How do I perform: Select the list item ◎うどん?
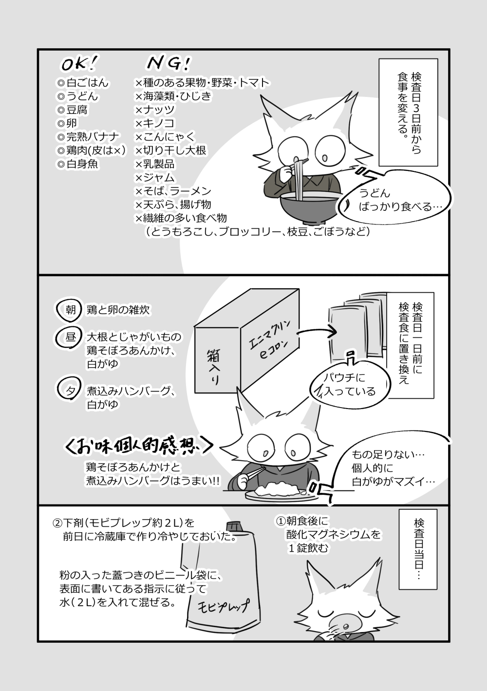77,96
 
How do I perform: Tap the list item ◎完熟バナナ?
88,137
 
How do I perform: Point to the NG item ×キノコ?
155,123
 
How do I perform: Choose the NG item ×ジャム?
155,177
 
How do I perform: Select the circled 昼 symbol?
70,337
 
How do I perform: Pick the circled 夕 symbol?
69,389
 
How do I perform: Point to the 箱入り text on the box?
213,367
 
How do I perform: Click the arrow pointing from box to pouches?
317,332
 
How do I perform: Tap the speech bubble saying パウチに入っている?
350,384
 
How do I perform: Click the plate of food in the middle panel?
281,494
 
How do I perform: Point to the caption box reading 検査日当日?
418,549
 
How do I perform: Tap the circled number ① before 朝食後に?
281,521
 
